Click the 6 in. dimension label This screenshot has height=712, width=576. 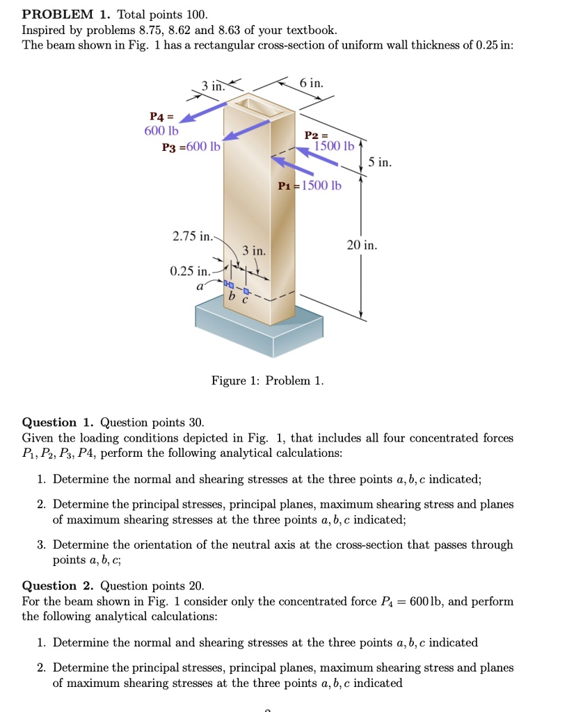pyautogui.click(x=312, y=83)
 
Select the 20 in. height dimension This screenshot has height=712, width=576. pyautogui.click(x=362, y=245)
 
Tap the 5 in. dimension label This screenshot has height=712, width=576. pyautogui.click(x=380, y=163)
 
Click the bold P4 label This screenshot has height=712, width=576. pyautogui.click(x=159, y=117)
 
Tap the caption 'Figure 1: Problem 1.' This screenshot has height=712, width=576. pyautogui.click(x=268, y=380)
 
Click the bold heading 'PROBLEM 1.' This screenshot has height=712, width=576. pyautogui.click(x=63, y=14)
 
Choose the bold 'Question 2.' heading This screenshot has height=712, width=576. pyautogui.click(x=58, y=585)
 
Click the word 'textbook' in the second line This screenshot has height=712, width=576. pyautogui.click(x=312, y=30)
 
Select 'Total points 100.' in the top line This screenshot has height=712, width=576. pyautogui.click(x=162, y=14)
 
